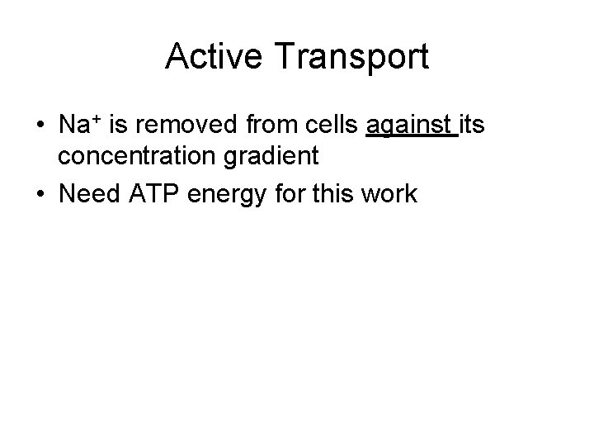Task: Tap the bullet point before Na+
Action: [40, 126]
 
